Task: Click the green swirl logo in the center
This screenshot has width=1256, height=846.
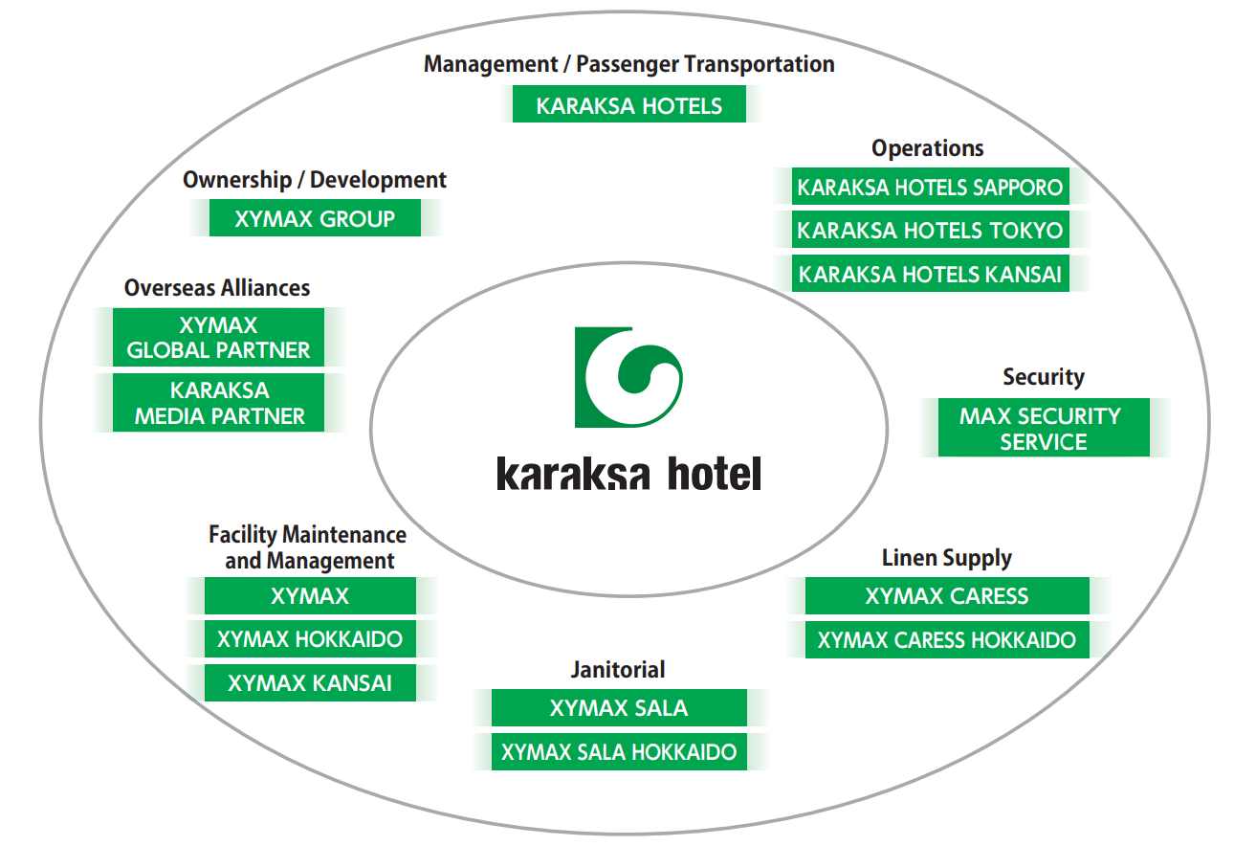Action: tap(628, 377)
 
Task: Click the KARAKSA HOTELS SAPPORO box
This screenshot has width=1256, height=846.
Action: tap(930, 188)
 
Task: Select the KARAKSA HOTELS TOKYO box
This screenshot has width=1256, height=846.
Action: tap(930, 231)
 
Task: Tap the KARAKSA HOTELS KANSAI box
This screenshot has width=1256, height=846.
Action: tap(930, 275)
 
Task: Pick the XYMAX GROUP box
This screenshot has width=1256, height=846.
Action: tap(315, 219)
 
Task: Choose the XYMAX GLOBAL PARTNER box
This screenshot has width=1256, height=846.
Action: tap(219, 338)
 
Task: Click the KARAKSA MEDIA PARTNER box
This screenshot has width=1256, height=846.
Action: tap(219, 404)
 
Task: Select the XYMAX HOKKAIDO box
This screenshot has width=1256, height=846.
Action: tap(310, 639)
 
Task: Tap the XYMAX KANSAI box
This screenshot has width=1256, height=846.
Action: tap(310, 683)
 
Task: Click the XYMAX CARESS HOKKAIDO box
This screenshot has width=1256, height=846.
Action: tap(947, 640)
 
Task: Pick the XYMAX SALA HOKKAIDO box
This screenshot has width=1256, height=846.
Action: tap(619, 752)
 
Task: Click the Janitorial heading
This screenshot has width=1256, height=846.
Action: tap(618, 670)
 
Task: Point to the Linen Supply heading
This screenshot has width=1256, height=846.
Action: tap(946, 558)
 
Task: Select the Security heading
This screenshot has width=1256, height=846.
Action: tap(1043, 377)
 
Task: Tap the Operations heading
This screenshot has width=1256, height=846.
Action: tap(927, 148)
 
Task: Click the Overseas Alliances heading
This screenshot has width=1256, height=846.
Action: tap(217, 288)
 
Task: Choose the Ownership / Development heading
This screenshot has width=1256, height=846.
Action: tap(315, 180)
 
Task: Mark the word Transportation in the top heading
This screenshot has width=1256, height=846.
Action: tap(760, 64)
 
